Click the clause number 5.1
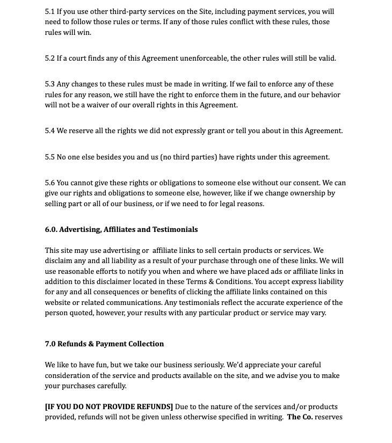pos(49,11)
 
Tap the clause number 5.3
pos(49,84)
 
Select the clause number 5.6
pos(49,183)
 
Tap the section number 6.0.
pos(51,230)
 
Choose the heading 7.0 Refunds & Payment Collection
pos(104,344)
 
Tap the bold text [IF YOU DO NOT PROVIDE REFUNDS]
pos(109,407)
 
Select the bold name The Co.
pos(300,417)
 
